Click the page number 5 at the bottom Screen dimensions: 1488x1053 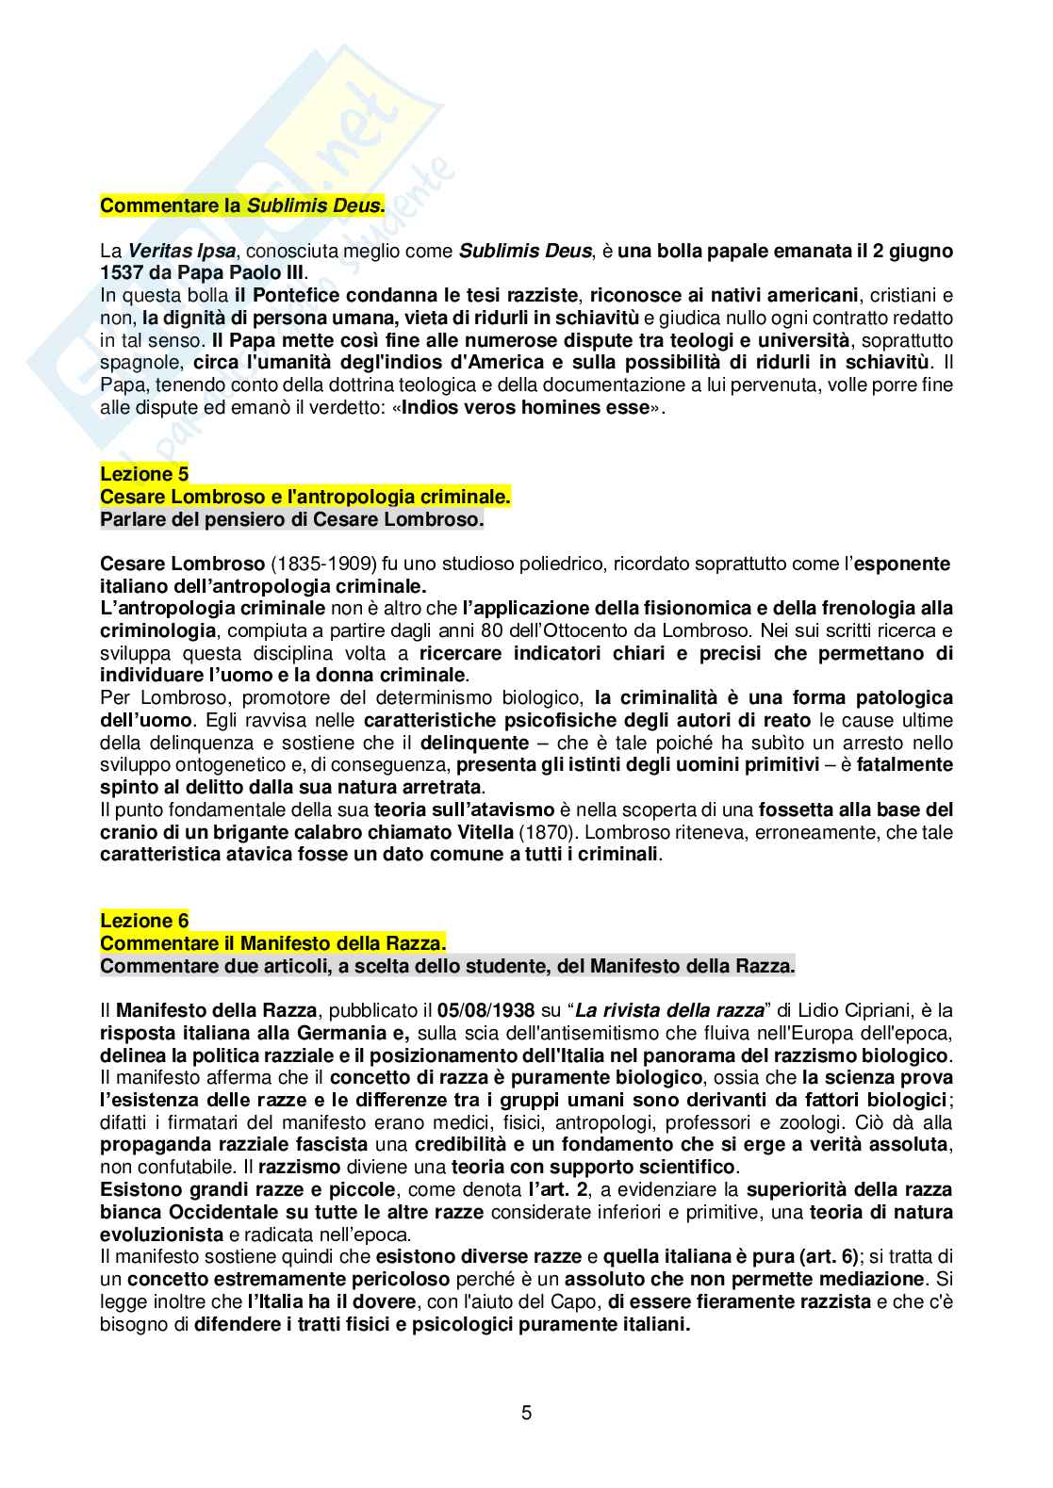526,1413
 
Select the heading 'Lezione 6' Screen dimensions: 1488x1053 144,921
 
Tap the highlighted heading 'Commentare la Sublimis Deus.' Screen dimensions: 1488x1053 242,205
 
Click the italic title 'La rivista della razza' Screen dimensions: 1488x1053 669,1011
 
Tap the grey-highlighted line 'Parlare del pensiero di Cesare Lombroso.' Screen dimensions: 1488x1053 292,519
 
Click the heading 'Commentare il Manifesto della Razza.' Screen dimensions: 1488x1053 273,943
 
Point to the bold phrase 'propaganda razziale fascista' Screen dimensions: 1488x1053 234,1145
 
